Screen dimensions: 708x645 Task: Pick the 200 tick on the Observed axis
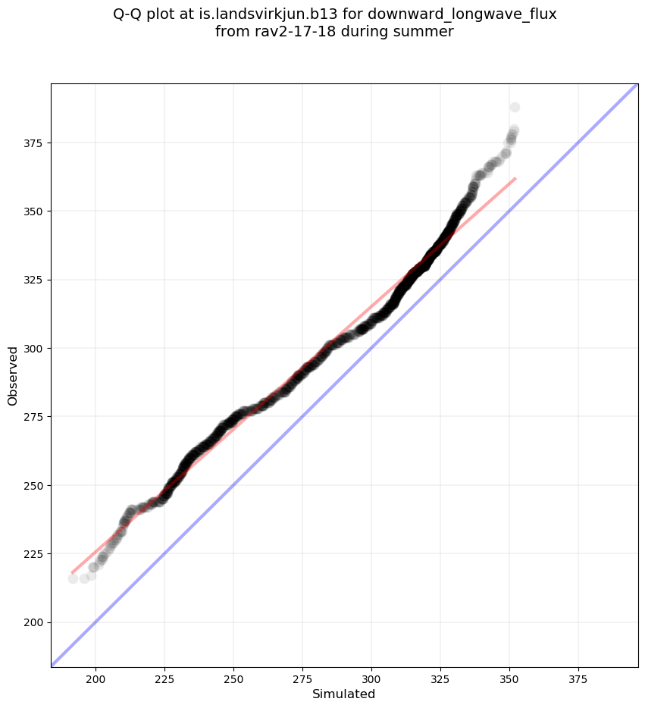click(35, 622)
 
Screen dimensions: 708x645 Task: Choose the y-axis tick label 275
click(35, 417)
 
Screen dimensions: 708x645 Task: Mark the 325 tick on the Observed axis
click(35, 280)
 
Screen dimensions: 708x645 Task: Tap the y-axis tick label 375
click(35, 143)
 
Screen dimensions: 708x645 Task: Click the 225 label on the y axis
click(35, 554)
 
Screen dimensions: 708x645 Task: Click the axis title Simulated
click(344, 694)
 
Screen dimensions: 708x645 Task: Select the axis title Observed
click(13, 376)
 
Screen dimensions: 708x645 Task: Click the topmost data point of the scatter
click(515, 107)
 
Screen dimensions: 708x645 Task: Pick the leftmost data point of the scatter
click(73, 578)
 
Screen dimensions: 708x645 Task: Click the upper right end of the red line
click(515, 178)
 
